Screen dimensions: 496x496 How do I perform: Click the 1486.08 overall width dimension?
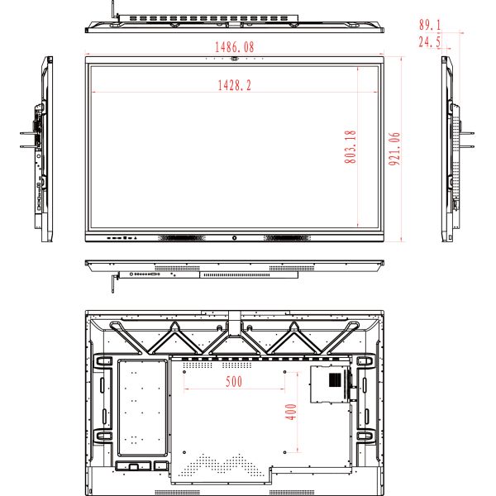click(235, 47)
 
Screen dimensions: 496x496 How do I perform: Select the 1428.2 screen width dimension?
click(235, 85)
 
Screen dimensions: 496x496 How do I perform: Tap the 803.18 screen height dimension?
click(351, 147)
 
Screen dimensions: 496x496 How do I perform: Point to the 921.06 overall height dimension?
click(394, 149)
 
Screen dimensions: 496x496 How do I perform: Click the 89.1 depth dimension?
click(430, 25)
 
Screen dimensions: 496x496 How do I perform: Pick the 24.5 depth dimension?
click(430, 42)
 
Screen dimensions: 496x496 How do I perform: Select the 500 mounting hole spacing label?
click(234, 381)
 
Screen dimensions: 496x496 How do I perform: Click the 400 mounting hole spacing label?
click(291, 412)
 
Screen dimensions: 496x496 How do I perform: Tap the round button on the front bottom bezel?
click(235, 238)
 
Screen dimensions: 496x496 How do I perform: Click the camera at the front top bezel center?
click(235, 59)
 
